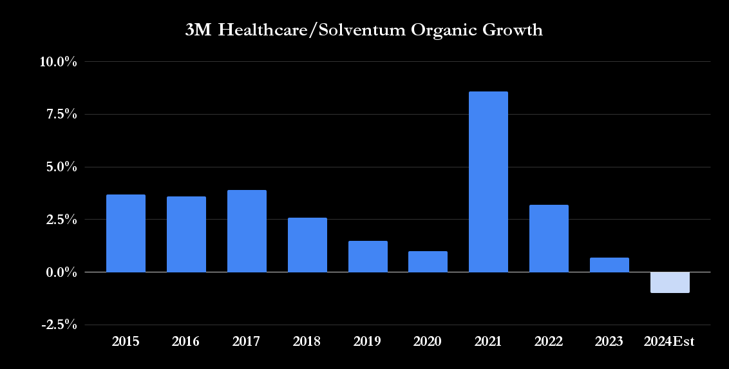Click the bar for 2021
488,182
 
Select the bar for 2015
126,233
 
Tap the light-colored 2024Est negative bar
670,282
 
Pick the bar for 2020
428,261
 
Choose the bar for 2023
609,265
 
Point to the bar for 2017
247,231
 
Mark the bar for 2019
368,256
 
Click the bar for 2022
549,238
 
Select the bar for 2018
307,245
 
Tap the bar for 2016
186,234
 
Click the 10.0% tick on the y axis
59,62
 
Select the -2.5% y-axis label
59,325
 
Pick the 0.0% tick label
62,272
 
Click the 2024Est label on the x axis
670,342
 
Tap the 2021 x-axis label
488,342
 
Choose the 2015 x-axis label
126,342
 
